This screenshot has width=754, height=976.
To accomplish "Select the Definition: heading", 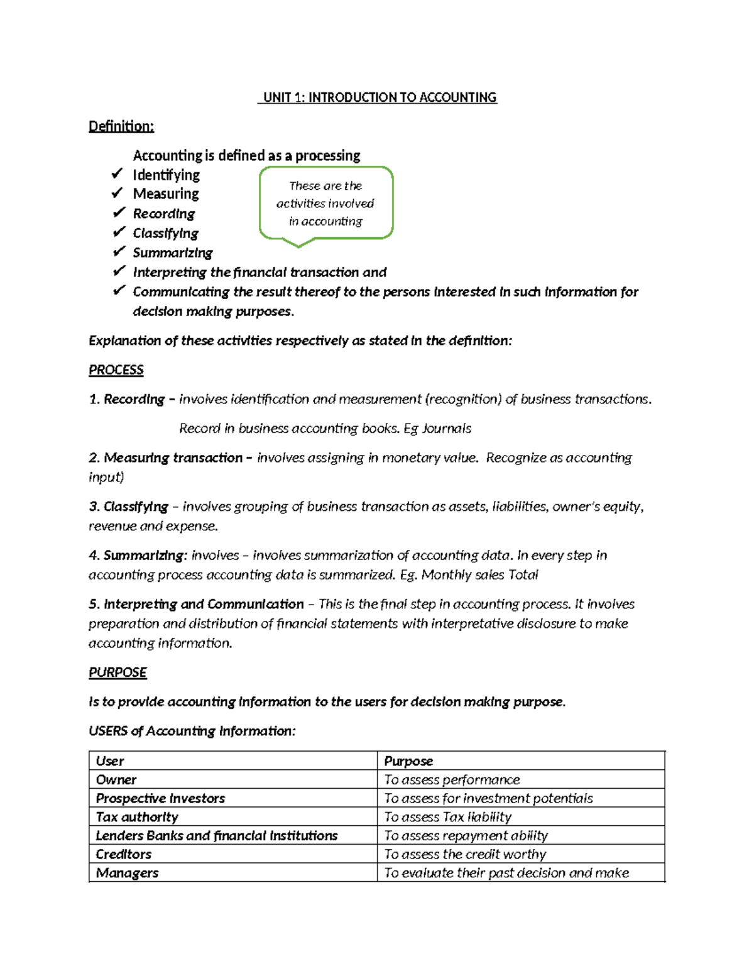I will click(121, 126).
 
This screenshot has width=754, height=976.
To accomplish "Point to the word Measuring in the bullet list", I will click(166, 194).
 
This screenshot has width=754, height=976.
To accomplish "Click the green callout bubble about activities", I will click(325, 203).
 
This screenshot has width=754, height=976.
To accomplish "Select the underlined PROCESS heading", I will click(116, 370).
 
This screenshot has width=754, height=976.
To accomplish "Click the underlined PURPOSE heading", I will click(117, 672).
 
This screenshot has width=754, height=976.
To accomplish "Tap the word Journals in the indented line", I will click(446, 429).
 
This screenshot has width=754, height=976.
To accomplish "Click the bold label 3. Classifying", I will click(129, 507).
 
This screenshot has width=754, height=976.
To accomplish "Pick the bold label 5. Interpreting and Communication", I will click(196, 604).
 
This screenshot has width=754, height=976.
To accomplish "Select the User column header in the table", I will click(110, 761).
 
